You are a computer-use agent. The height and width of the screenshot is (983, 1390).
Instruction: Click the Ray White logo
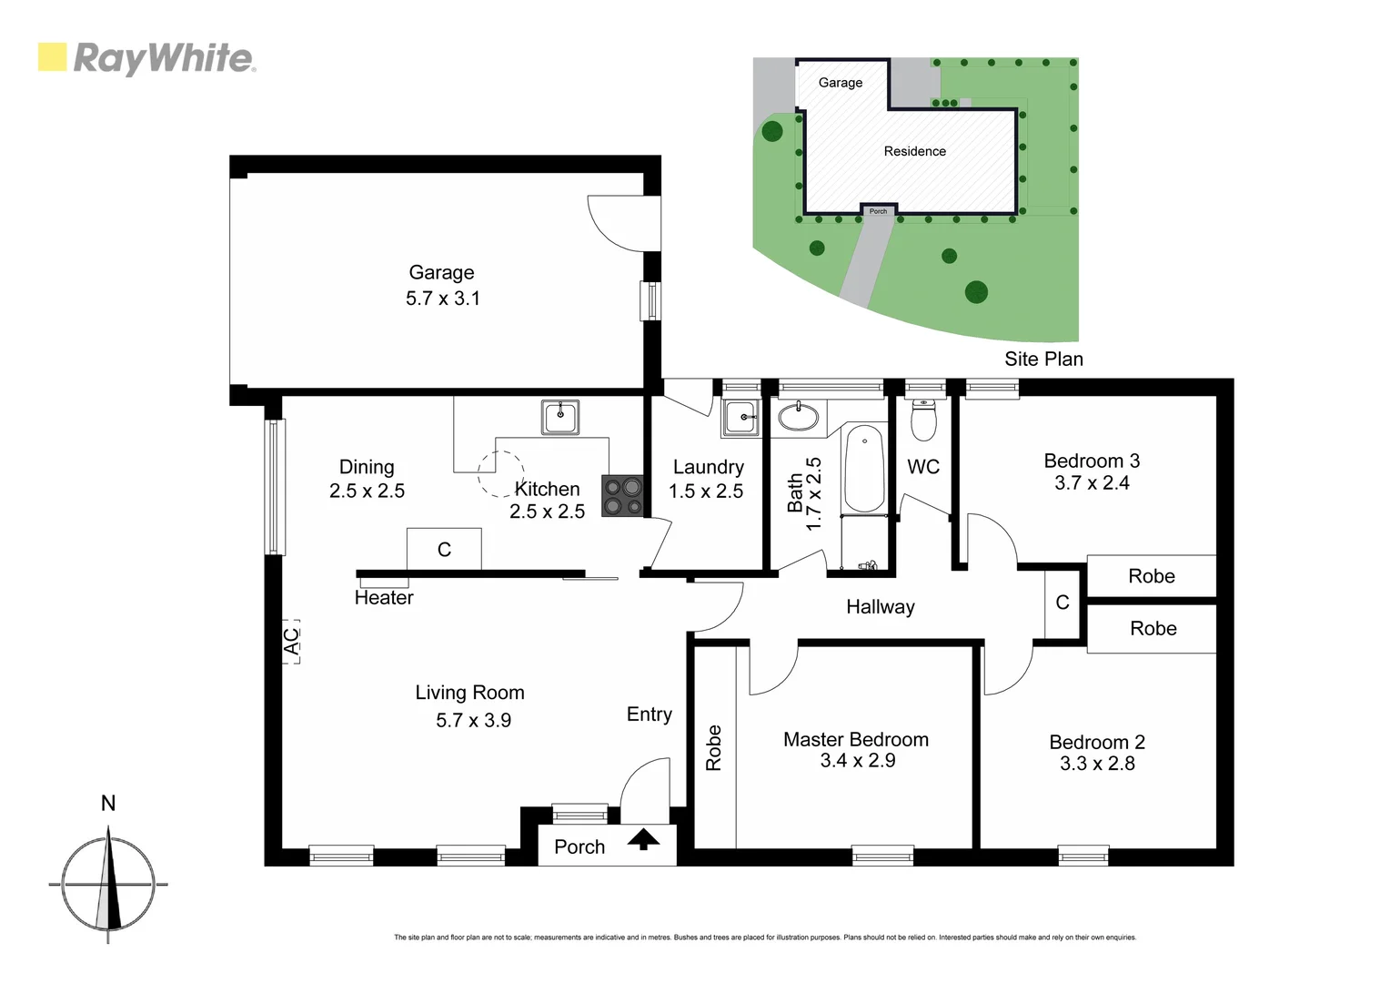146,58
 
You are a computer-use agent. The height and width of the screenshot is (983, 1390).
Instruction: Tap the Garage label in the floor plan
441,272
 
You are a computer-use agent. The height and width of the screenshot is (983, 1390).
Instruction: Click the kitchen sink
560,418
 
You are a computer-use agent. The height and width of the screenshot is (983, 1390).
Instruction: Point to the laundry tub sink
740,419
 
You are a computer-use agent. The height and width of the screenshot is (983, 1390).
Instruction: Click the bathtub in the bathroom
863,469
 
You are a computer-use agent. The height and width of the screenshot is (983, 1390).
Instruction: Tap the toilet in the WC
923,420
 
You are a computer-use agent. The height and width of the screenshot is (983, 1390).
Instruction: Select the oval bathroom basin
799,417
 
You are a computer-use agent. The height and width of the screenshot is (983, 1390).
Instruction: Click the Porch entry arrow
644,840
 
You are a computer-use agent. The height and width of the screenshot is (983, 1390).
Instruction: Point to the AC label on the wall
291,643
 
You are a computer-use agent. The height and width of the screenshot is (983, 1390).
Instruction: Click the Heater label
384,598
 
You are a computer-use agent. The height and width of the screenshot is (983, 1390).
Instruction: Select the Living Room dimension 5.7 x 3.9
473,720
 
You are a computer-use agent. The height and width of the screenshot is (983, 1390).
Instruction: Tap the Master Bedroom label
856,739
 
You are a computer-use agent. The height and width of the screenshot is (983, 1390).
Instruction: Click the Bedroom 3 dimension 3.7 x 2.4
1092,483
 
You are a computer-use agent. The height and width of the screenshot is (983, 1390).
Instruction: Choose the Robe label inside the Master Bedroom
714,748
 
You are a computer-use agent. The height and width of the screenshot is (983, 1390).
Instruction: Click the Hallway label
880,607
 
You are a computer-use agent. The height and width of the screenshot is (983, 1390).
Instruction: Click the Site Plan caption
1043,359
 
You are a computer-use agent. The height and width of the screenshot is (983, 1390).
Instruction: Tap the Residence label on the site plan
914,151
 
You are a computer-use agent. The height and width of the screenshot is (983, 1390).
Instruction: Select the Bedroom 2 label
1096,742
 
